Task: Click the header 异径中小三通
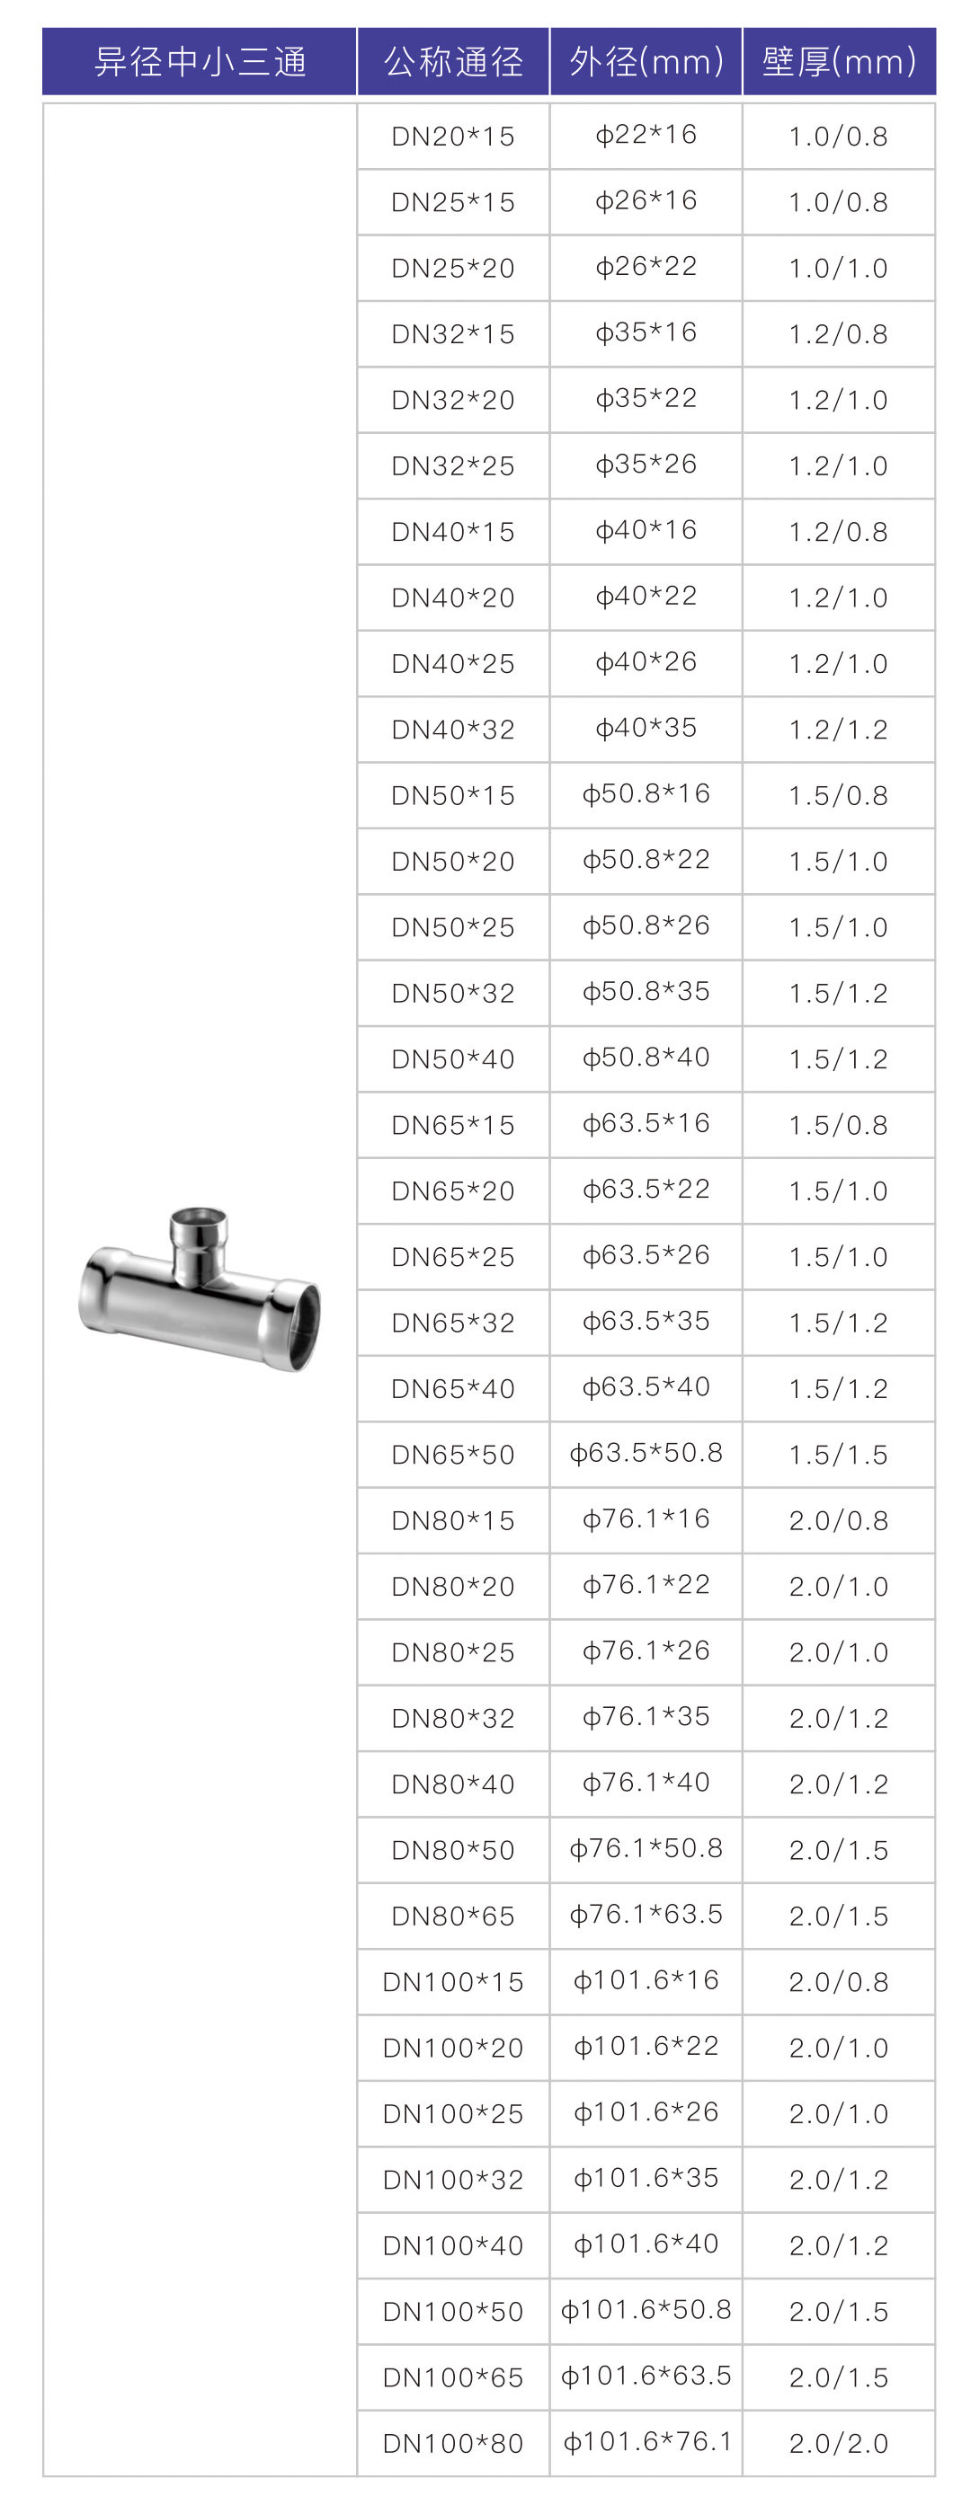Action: pyautogui.click(x=200, y=61)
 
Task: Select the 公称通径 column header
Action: pyautogui.click(x=453, y=61)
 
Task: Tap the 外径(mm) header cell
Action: pyautogui.click(x=646, y=61)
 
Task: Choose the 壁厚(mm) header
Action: pyautogui.click(x=839, y=61)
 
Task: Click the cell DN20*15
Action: pyautogui.click(x=453, y=137)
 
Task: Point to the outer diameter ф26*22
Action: pyautogui.click(x=646, y=267)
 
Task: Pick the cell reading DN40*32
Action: pyautogui.click(x=453, y=730)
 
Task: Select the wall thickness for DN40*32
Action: pyautogui.click(x=839, y=730)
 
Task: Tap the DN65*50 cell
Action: pyautogui.click(x=453, y=1455)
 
